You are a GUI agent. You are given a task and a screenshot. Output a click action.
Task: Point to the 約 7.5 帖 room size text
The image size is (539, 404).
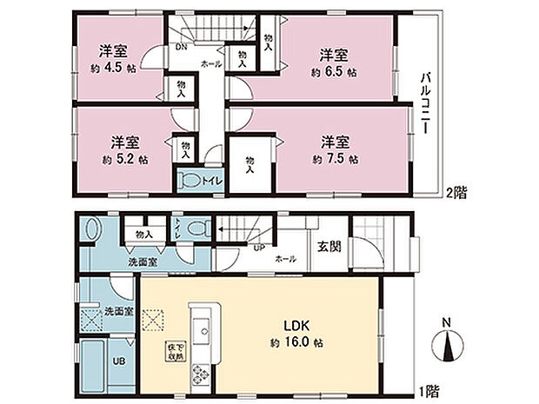(x=336, y=160)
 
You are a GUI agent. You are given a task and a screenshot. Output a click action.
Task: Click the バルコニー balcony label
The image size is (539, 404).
(x=427, y=101)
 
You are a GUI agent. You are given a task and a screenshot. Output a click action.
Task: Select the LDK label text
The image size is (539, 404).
(x=290, y=327)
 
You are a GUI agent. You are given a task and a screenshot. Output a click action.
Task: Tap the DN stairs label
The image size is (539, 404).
(x=181, y=47)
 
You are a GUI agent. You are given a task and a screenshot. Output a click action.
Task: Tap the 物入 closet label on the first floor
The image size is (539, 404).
(x=144, y=234)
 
